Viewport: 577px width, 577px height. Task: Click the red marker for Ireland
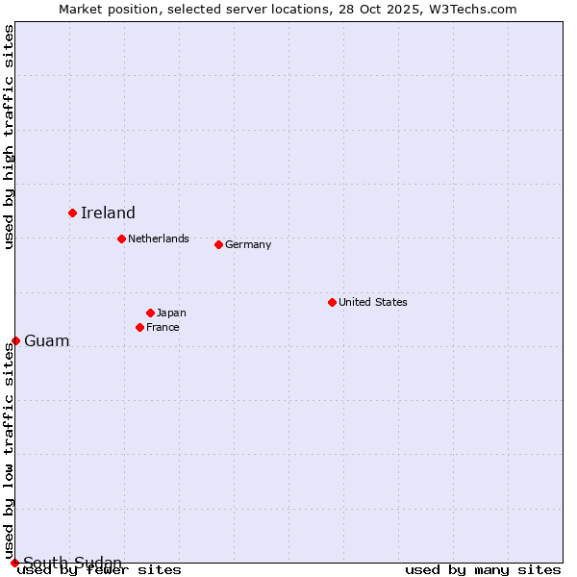(72, 213)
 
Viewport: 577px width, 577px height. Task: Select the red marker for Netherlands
(121, 238)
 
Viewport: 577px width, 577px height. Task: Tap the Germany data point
(218, 244)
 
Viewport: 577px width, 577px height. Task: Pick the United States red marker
(332, 302)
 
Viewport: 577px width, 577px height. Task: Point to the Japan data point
(150, 313)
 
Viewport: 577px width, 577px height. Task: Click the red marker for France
(139, 327)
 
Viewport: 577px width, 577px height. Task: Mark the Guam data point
(15, 340)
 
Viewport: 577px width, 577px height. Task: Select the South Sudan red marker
(14, 563)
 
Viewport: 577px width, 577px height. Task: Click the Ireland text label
(108, 213)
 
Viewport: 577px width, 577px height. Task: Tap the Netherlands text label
(159, 238)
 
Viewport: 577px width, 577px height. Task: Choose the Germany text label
(248, 244)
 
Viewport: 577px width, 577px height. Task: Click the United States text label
(373, 302)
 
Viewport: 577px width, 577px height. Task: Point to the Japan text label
(171, 313)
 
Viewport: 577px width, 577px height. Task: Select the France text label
(163, 327)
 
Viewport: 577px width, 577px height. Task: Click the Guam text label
(47, 341)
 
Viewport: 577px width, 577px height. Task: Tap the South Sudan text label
(73, 563)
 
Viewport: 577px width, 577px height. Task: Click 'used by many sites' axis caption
(483, 570)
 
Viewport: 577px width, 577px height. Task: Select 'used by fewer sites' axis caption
(99, 570)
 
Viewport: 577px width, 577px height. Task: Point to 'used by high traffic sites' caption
(10, 137)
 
